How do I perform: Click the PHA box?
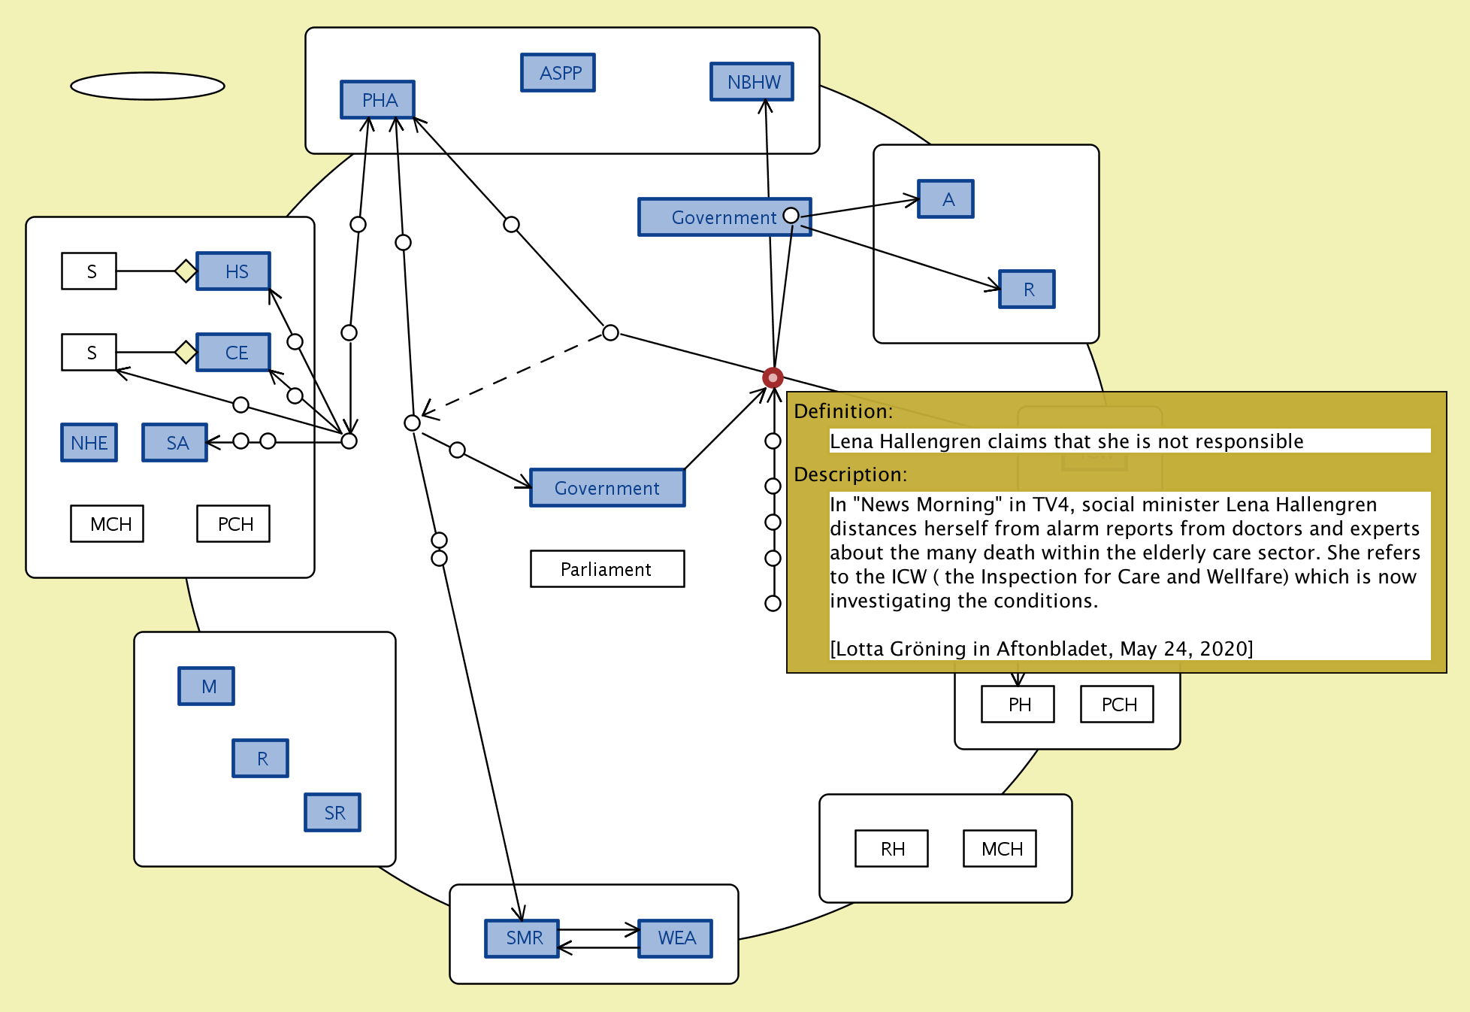click(x=377, y=100)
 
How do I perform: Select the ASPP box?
click(x=558, y=73)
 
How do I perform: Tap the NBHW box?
click(x=752, y=82)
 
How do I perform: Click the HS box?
click(x=234, y=271)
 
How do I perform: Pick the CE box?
click(x=234, y=353)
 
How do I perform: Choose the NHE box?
click(x=89, y=443)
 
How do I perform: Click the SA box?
click(x=175, y=443)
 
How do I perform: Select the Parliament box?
click(x=607, y=569)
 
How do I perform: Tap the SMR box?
click(x=522, y=938)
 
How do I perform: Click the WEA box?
click(x=676, y=938)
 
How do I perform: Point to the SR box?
click(x=333, y=813)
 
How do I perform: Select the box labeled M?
click(x=207, y=686)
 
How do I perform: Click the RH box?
click(x=892, y=849)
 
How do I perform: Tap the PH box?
click(x=1018, y=704)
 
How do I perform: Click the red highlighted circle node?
click(x=773, y=377)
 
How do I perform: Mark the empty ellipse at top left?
click(x=148, y=86)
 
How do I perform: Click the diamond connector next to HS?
click(x=185, y=271)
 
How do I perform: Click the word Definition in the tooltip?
click(x=842, y=411)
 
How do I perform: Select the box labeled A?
click(x=946, y=199)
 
